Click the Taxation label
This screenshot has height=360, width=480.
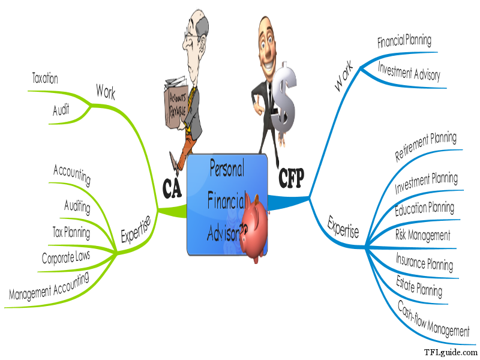tap(45, 79)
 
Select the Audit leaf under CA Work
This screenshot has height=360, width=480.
tap(61, 110)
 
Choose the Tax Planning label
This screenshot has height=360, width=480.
tap(71, 232)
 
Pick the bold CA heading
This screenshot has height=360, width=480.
tap(173, 188)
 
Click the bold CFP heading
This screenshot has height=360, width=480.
tap(292, 177)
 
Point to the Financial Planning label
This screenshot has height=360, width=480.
tap(404, 42)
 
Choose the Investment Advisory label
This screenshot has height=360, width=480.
tap(409, 71)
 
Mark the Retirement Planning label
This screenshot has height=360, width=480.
tap(425, 148)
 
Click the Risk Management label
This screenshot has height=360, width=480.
tap(423, 235)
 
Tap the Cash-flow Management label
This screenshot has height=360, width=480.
tap(434, 319)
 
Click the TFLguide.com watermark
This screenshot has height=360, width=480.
tap(449, 352)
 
